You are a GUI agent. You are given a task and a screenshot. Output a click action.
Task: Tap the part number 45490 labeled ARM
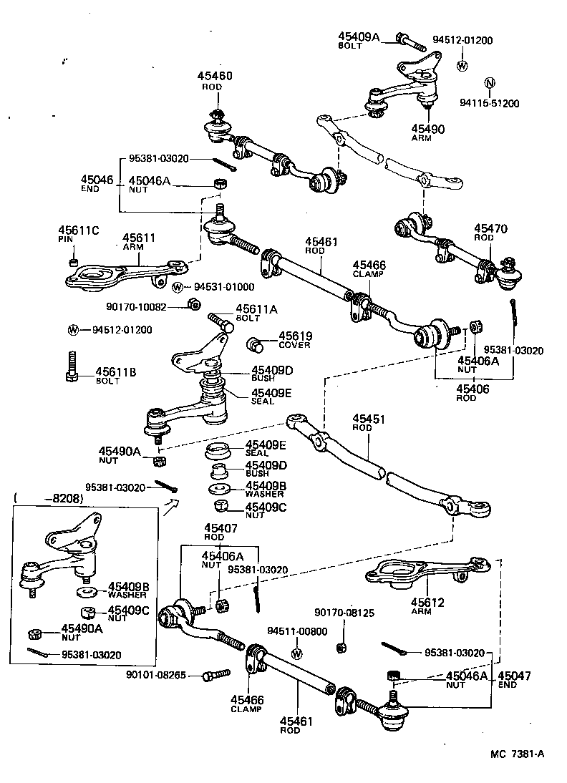coord(427,128)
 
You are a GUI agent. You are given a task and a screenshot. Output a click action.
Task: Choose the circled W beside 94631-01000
coord(178,287)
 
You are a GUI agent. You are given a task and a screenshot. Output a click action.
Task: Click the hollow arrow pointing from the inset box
coord(171,507)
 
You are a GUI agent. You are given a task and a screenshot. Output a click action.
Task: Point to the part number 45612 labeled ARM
coord(427,603)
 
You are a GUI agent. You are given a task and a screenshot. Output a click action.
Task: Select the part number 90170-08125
coord(344,613)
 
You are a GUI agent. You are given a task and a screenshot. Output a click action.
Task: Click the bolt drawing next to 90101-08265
coord(215,675)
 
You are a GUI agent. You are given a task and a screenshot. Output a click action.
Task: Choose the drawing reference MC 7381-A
coord(517,753)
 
